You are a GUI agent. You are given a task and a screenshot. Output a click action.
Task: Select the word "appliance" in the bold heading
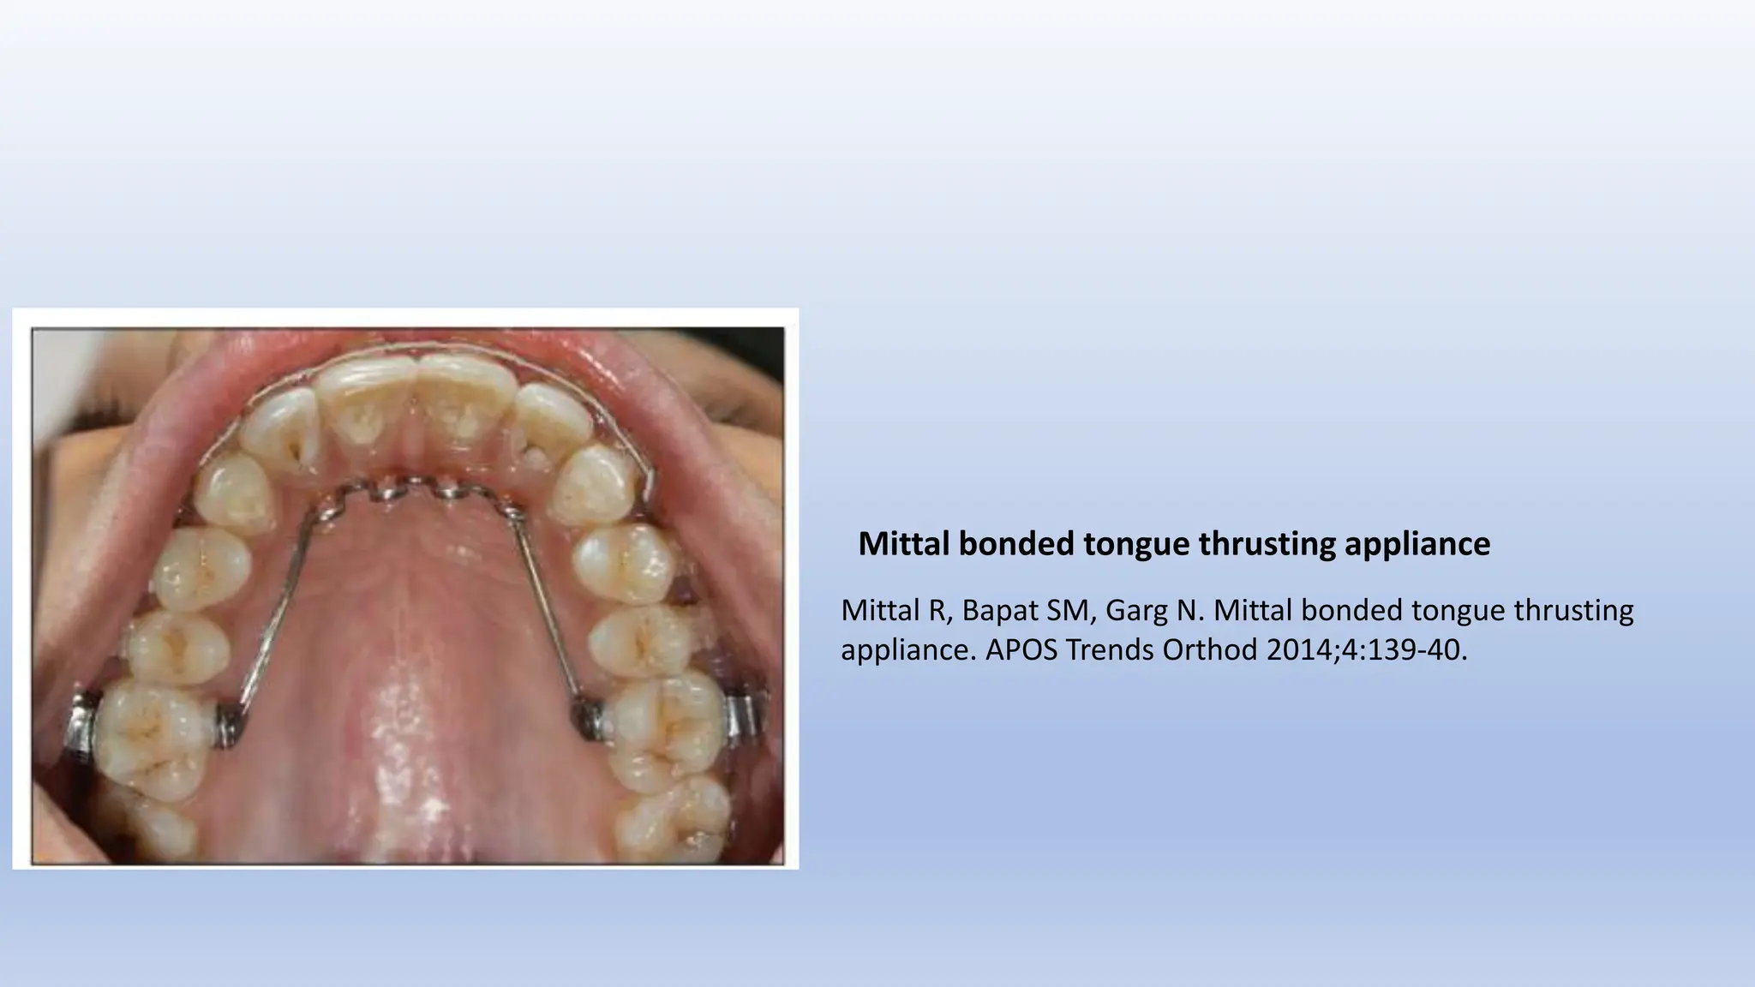click(1417, 544)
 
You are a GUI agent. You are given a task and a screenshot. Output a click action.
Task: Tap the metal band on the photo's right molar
click(743, 718)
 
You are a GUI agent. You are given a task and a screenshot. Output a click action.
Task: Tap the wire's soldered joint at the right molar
click(588, 718)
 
